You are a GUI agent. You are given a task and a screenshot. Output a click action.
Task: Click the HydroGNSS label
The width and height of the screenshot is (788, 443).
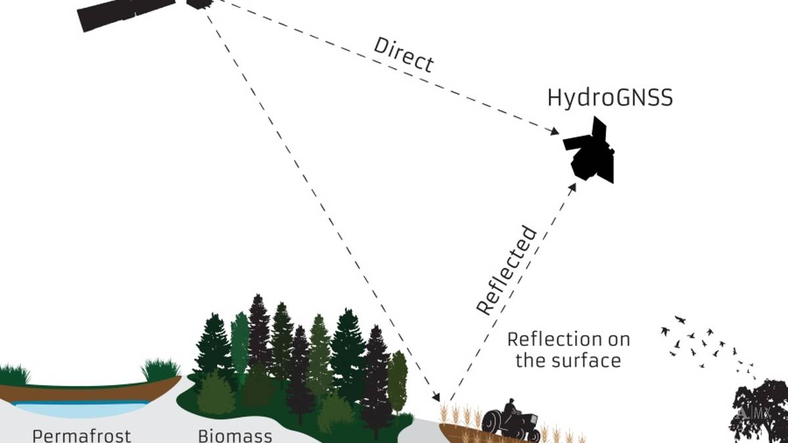point(610,98)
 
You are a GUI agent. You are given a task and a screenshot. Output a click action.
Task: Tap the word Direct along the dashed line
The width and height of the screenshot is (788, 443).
point(404,54)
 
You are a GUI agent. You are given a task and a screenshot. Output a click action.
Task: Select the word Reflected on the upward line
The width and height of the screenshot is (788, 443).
point(507,270)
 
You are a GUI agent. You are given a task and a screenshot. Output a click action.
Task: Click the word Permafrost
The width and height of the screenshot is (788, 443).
point(82,435)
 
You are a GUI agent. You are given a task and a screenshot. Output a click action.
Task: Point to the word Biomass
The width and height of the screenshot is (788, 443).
point(235,435)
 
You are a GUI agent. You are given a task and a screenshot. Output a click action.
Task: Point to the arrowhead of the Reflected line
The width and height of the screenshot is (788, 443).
point(573,187)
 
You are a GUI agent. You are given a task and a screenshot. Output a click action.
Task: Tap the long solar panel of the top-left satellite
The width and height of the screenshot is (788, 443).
point(125,12)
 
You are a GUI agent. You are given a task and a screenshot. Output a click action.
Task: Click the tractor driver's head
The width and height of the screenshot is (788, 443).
point(510,400)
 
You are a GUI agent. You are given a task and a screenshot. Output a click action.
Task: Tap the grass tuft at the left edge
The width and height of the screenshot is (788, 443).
point(13,375)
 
